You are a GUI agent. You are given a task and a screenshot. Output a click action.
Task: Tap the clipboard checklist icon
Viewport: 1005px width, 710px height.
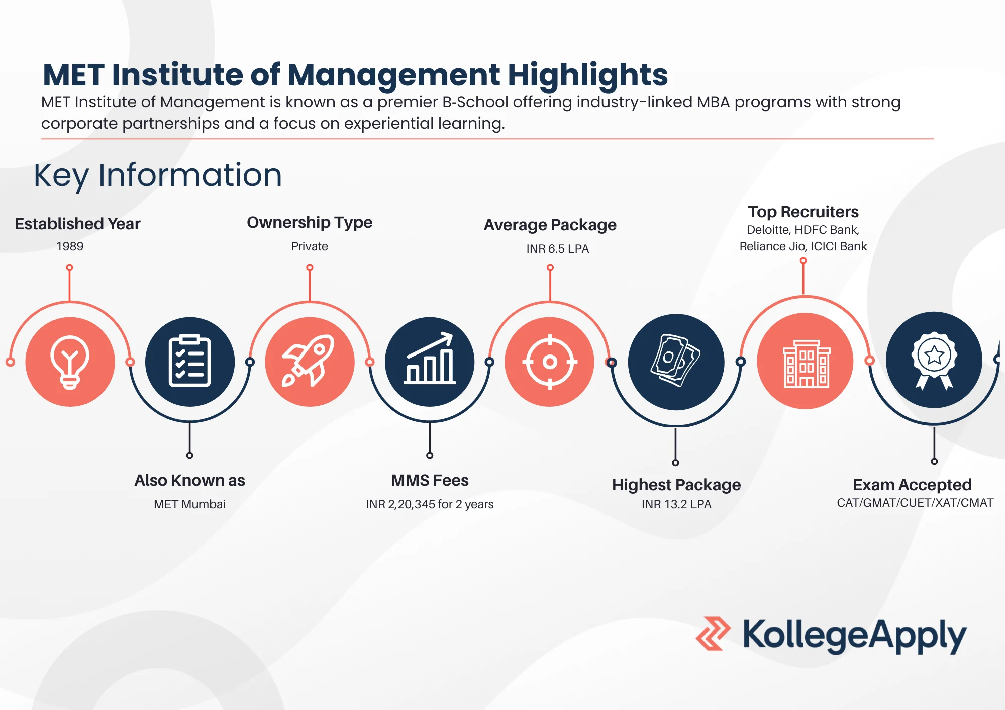pyautogui.click(x=189, y=361)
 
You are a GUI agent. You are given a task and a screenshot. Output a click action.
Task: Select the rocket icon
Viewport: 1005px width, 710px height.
pyautogui.click(x=309, y=361)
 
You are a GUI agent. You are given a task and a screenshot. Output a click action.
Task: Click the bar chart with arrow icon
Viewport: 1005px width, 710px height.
pyautogui.click(x=430, y=358)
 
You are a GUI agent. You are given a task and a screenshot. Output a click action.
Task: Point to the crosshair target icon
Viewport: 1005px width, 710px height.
pyautogui.click(x=550, y=362)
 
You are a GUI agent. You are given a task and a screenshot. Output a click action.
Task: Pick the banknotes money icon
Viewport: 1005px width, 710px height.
pyautogui.click(x=675, y=360)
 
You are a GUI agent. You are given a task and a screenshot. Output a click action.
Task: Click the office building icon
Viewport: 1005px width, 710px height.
pyautogui.click(x=807, y=364)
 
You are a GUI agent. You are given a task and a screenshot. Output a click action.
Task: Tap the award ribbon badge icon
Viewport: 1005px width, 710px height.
pyautogui.click(x=934, y=361)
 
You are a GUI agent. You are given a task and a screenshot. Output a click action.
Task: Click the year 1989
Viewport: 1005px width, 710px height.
pyautogui.click(x=70, y=246)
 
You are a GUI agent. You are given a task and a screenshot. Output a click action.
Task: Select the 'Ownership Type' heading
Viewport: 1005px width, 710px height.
pyautogui.click(x=310, y=223)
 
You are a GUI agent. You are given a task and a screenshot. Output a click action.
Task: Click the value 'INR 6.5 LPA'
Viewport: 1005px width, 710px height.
pyautogui.click(x=557, y=249)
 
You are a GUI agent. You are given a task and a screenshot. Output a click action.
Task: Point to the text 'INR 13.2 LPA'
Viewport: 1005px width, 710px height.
pyautogui.click(x=676, y=504)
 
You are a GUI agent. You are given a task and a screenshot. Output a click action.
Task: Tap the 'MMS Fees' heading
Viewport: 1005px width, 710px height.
pyautogui.click(x=430, y=481)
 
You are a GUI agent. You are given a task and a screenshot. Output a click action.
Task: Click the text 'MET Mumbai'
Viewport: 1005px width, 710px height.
pyautogui.click(x=189, y=504)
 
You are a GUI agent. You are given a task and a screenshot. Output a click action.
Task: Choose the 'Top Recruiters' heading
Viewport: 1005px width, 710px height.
pyautogui.click(x=803, y=212)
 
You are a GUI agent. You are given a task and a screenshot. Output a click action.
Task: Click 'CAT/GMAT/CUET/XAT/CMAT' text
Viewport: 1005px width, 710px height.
pyautogui.click(x=915, y=503)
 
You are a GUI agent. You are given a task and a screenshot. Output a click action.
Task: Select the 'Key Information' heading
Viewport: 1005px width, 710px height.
pyautogui.click(x=158, y=176)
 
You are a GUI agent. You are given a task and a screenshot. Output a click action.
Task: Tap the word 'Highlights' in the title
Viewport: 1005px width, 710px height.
pyautogui.click(x=588, y=75)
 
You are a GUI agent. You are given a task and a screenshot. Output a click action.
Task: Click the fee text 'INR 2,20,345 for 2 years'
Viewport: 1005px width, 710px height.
pyautogui.click(x=430, y=504)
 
